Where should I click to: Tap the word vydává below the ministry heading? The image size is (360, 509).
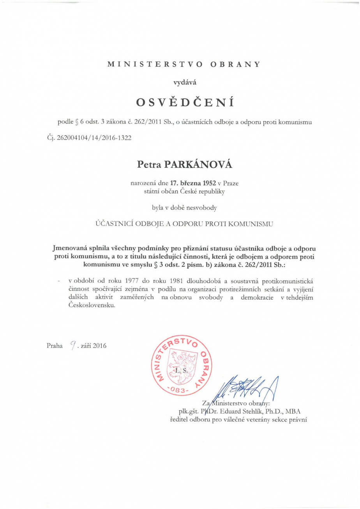(180, 82)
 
